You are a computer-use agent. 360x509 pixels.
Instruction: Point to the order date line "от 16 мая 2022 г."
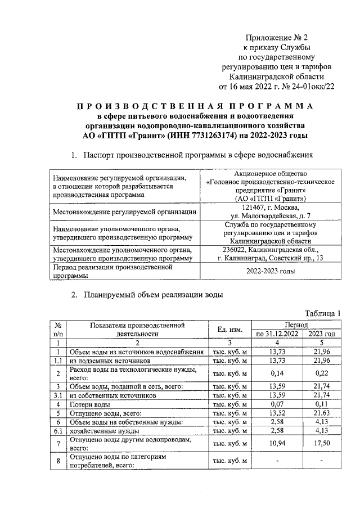(x=250, y=87)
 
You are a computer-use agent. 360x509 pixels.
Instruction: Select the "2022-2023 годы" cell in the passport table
(x=271, y=271)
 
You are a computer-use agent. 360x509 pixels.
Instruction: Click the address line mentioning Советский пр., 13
(x=271, y=258)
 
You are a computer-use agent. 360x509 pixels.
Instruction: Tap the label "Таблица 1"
(x=323, y=313)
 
